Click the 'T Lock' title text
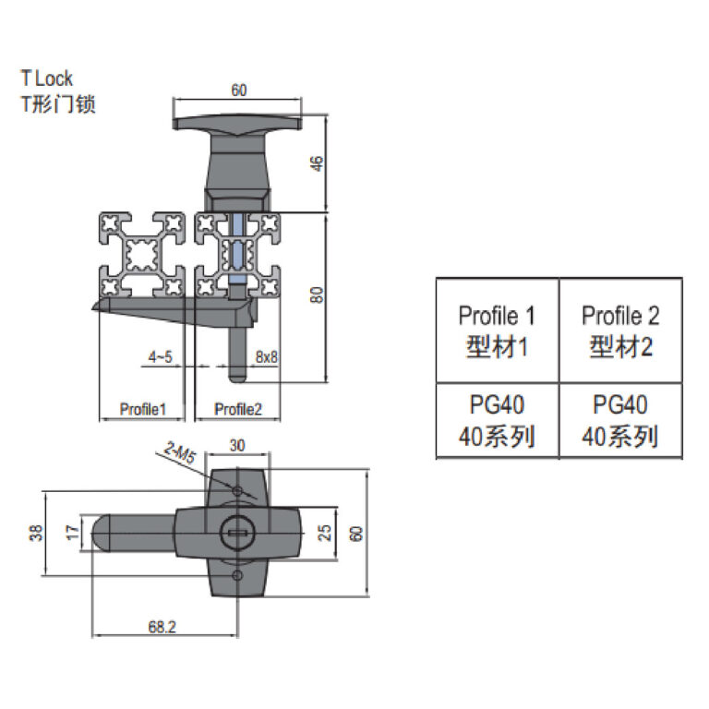click(x=46, y=78)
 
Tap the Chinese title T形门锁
click(x=58, y=104)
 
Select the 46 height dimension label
click(x=318, y=163)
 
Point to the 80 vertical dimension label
click(x=318, y=294)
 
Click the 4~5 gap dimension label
click(x=161, y=356)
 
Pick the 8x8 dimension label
click(x=266, y=356)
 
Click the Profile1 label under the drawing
click(x=143, y=409)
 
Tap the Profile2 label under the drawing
click(x=238, y=409)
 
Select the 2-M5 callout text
click(x=180, y=452)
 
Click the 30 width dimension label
click(x=237, y=445)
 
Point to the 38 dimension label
click(x=36, y=533)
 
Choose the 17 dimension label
click(x=72, y=532)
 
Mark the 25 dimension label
click(x=325, y=533)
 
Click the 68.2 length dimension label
click(x=162, y=627)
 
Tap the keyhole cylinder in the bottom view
click(x=237, y=533)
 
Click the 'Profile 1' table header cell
click(x=498, y=331)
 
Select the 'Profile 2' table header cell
click(x=620, y=331)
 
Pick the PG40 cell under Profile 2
click(x=620, y=421)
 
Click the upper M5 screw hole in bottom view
click(x=237, y=490)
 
